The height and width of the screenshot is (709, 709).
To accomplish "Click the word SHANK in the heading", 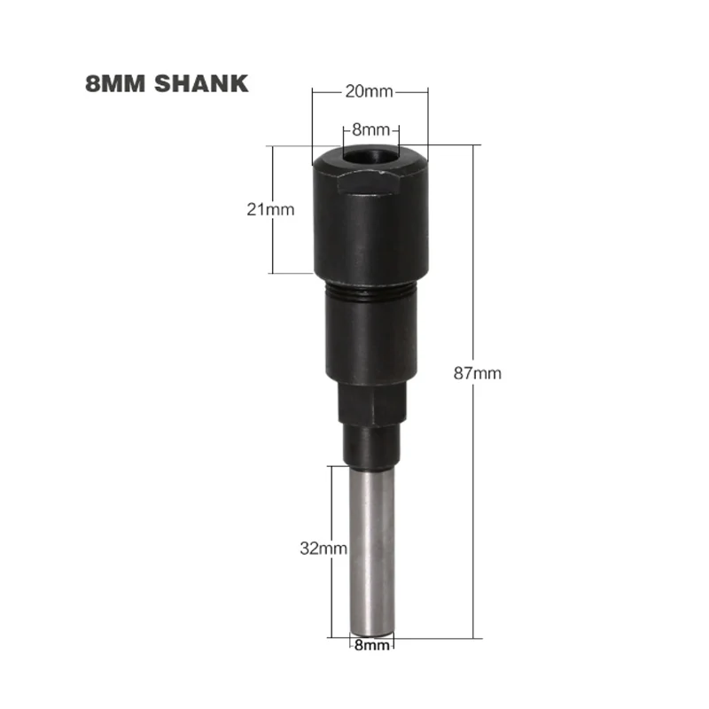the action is tap(201, 83).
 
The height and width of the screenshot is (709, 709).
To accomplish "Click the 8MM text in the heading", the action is tap(115, 83).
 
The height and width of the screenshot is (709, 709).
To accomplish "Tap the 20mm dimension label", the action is tap(369, 91).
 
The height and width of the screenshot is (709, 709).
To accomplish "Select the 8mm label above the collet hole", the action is tap(370, 129).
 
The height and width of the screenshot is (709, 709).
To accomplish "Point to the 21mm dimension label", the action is tap(270, 209).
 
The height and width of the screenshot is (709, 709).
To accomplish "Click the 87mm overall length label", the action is tap(478, 373).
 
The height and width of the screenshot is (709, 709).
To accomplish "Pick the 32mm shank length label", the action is tap(323, 549).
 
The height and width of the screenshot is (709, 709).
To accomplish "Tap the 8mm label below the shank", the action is tap(371, 645).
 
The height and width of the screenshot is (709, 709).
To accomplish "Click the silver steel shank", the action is tap(372, 550).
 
